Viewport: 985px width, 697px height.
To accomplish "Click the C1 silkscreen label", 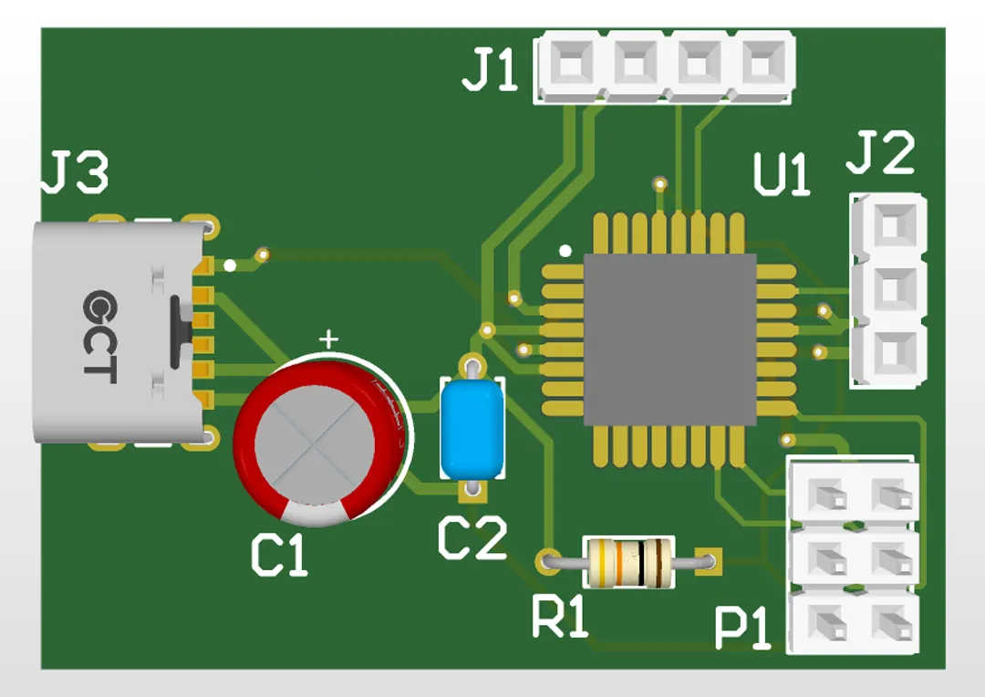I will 279,556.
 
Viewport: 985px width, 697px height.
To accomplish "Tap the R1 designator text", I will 560,618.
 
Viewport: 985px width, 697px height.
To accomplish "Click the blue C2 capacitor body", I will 472,429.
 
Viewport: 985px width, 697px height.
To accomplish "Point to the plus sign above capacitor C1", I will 328,340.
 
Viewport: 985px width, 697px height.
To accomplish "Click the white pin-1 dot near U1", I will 566,250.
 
